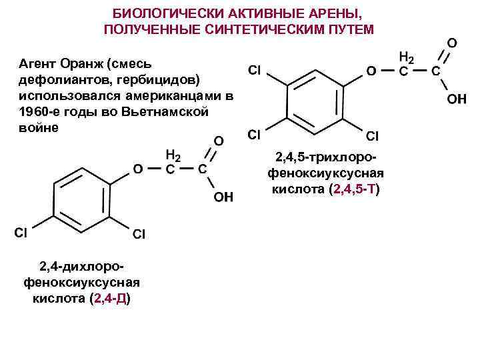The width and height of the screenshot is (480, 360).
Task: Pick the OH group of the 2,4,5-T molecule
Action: [x=456, y=99]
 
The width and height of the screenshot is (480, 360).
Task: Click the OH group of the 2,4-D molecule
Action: [x=223, y=197]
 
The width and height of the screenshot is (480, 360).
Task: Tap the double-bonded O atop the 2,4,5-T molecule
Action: [x=451, y=42]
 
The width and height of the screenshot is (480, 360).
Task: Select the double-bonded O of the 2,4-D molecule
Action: [x=217, y=142]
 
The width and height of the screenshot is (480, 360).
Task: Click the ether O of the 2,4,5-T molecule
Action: [x=370, y=70]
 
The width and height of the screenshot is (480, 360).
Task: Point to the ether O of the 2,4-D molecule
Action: [x=137, y=169]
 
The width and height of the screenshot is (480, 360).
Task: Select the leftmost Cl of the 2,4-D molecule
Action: [x=21, y=233]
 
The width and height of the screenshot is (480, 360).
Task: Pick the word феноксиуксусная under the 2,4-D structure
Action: [x=81, y=282]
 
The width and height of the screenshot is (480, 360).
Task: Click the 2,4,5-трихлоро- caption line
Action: [x=326, y=159]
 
